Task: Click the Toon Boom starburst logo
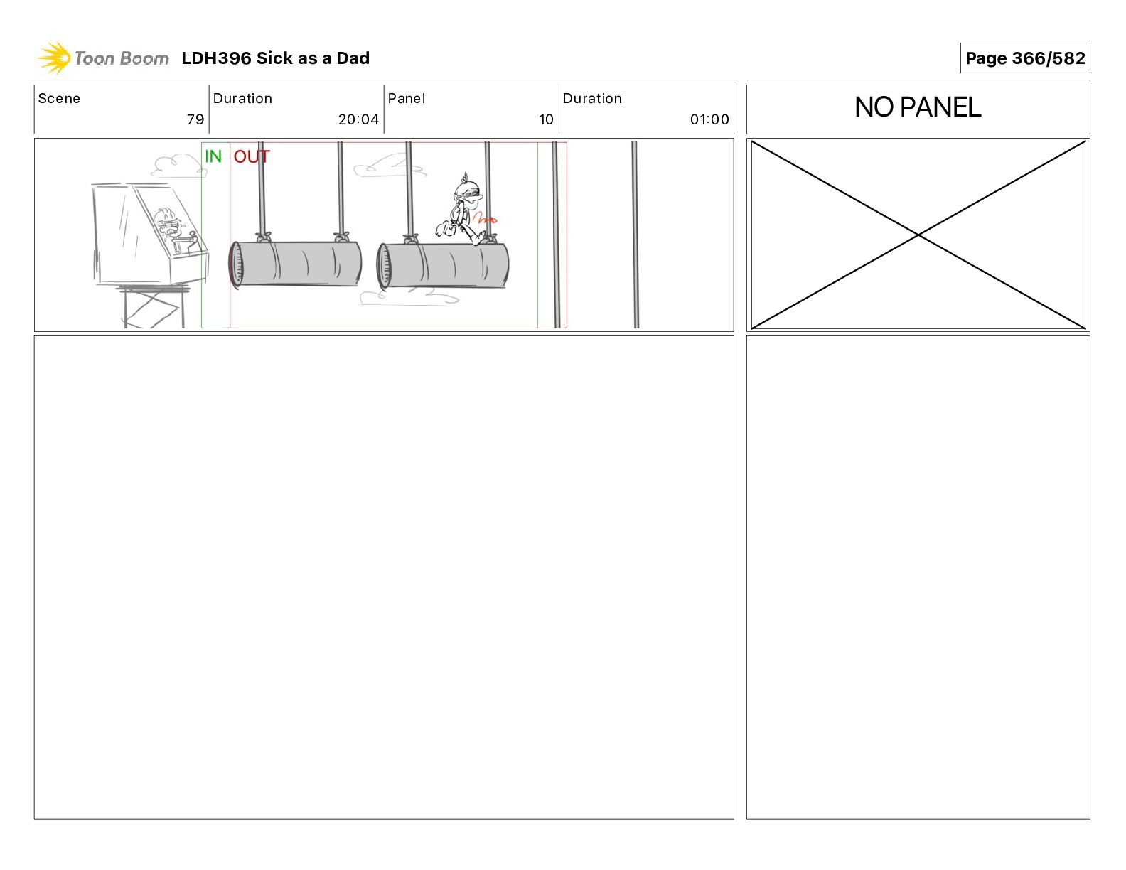[54, 58]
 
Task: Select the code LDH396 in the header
[216, 58]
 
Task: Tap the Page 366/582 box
[1024, 58]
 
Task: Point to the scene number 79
[195, 119]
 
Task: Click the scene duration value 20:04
[358, 119]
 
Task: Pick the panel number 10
[546, 119]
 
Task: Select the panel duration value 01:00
[709, 119]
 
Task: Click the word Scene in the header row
[59, 99]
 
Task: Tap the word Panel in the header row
[406, 99]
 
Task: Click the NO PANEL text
[917, 107]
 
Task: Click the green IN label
[213, 156]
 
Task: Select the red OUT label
[252, 156]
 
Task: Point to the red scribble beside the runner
[485, 218]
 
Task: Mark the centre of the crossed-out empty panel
[918, 235]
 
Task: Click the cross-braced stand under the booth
[154, 307]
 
